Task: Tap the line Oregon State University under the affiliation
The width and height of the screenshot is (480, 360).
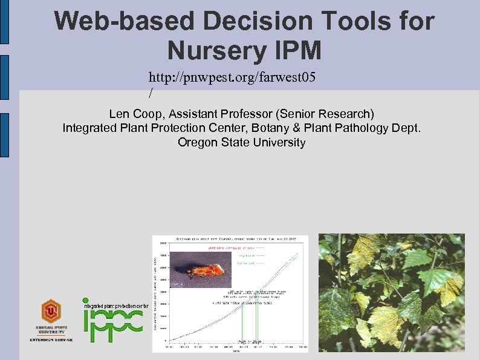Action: click(241, 142)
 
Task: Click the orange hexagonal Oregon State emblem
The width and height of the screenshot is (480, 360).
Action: click(51, 312)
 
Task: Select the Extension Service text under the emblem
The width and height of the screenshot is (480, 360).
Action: click(51, 339)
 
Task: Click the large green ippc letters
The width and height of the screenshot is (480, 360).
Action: click(112, 324)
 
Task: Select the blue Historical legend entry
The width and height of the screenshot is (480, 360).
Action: click(245, 263)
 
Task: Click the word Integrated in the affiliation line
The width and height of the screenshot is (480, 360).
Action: click(88, 128)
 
